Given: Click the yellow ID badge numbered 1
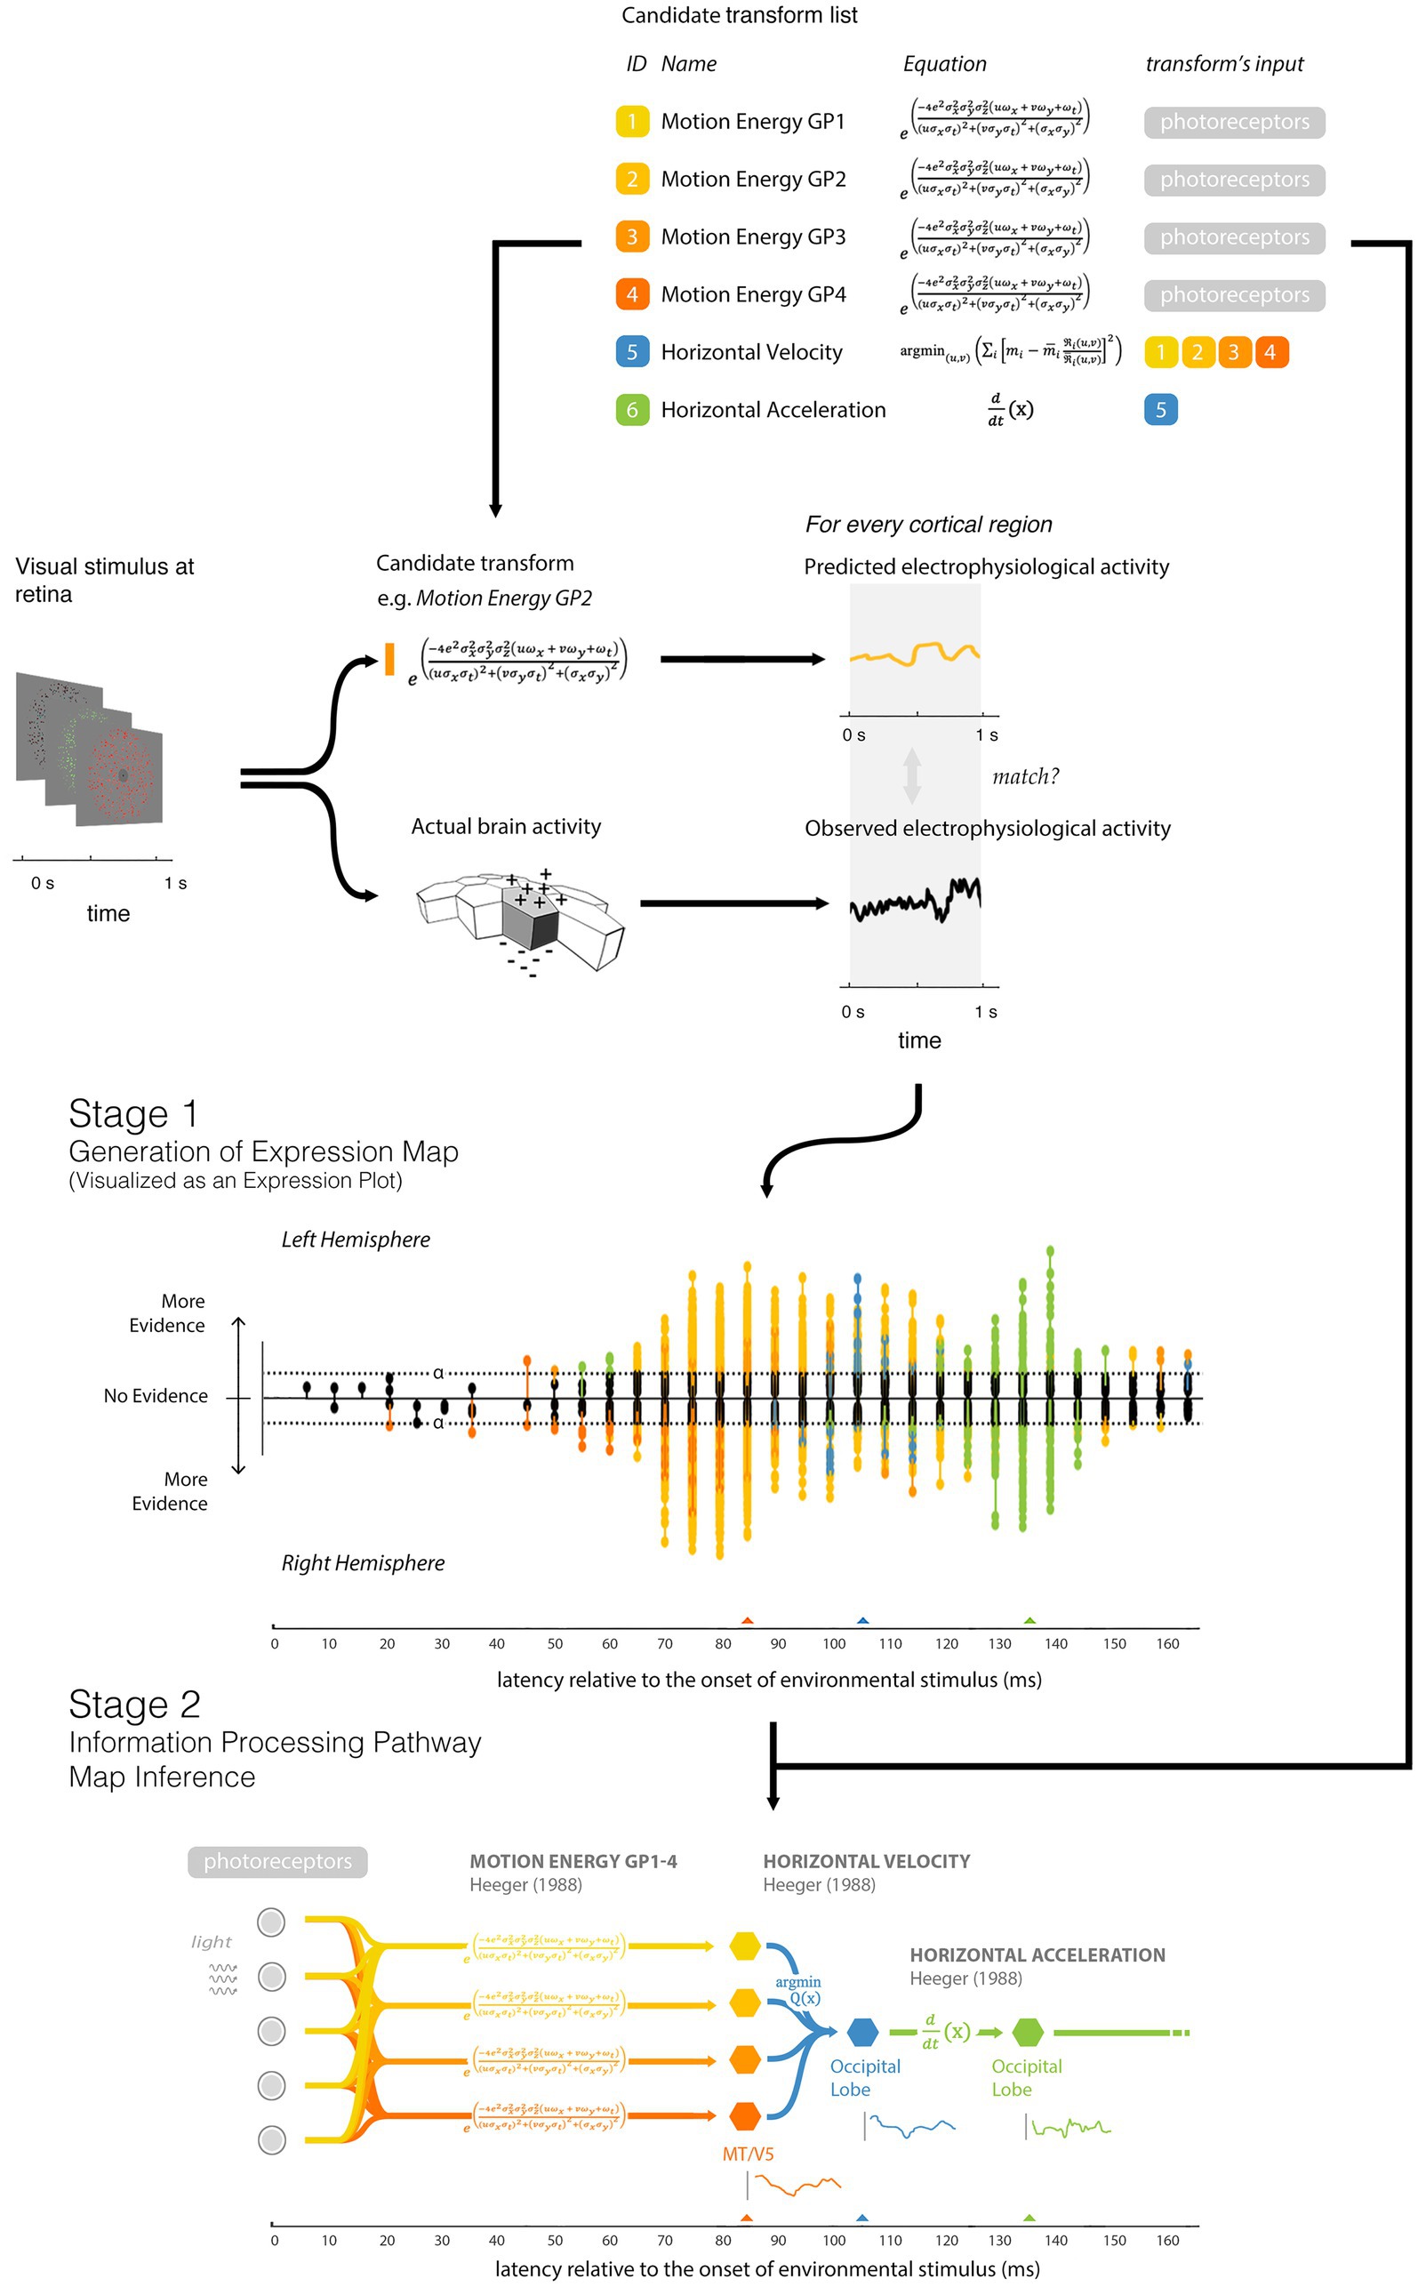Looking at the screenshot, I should click(x=631, y=122).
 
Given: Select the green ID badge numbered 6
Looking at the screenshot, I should click(x=631, y=410).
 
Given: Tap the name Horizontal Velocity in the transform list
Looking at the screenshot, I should click(x=751, y=352).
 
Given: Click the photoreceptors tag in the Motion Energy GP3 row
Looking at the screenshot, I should click(x=1233, y=237).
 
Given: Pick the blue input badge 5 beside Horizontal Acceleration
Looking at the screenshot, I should click(x=1160, y=410).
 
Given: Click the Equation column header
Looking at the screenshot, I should click(x=944, y=64).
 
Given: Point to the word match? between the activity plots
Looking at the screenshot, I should click(x=1025, y=777).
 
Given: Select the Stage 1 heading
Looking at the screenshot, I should click(x=133, y=1114).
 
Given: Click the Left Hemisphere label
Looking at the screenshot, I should click(x=356, y=1240).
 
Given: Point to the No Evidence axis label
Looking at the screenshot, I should click(x=156, y=1396).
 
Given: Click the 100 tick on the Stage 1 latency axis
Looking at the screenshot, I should click(x=834, y=1643).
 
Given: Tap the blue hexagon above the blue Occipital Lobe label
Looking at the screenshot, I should click(x=861, y=2032).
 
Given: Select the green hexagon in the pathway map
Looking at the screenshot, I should click(x=1028, y=2032).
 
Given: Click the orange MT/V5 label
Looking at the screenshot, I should click(x=748, y=2154).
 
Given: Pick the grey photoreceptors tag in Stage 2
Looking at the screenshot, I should click(x=277, y=1861).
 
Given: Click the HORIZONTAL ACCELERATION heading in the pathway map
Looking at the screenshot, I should click(x=1037, y=1955).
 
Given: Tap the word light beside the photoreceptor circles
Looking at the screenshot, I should click(x=211, y=1942).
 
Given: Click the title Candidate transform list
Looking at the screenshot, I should click(x=739, y=15).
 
